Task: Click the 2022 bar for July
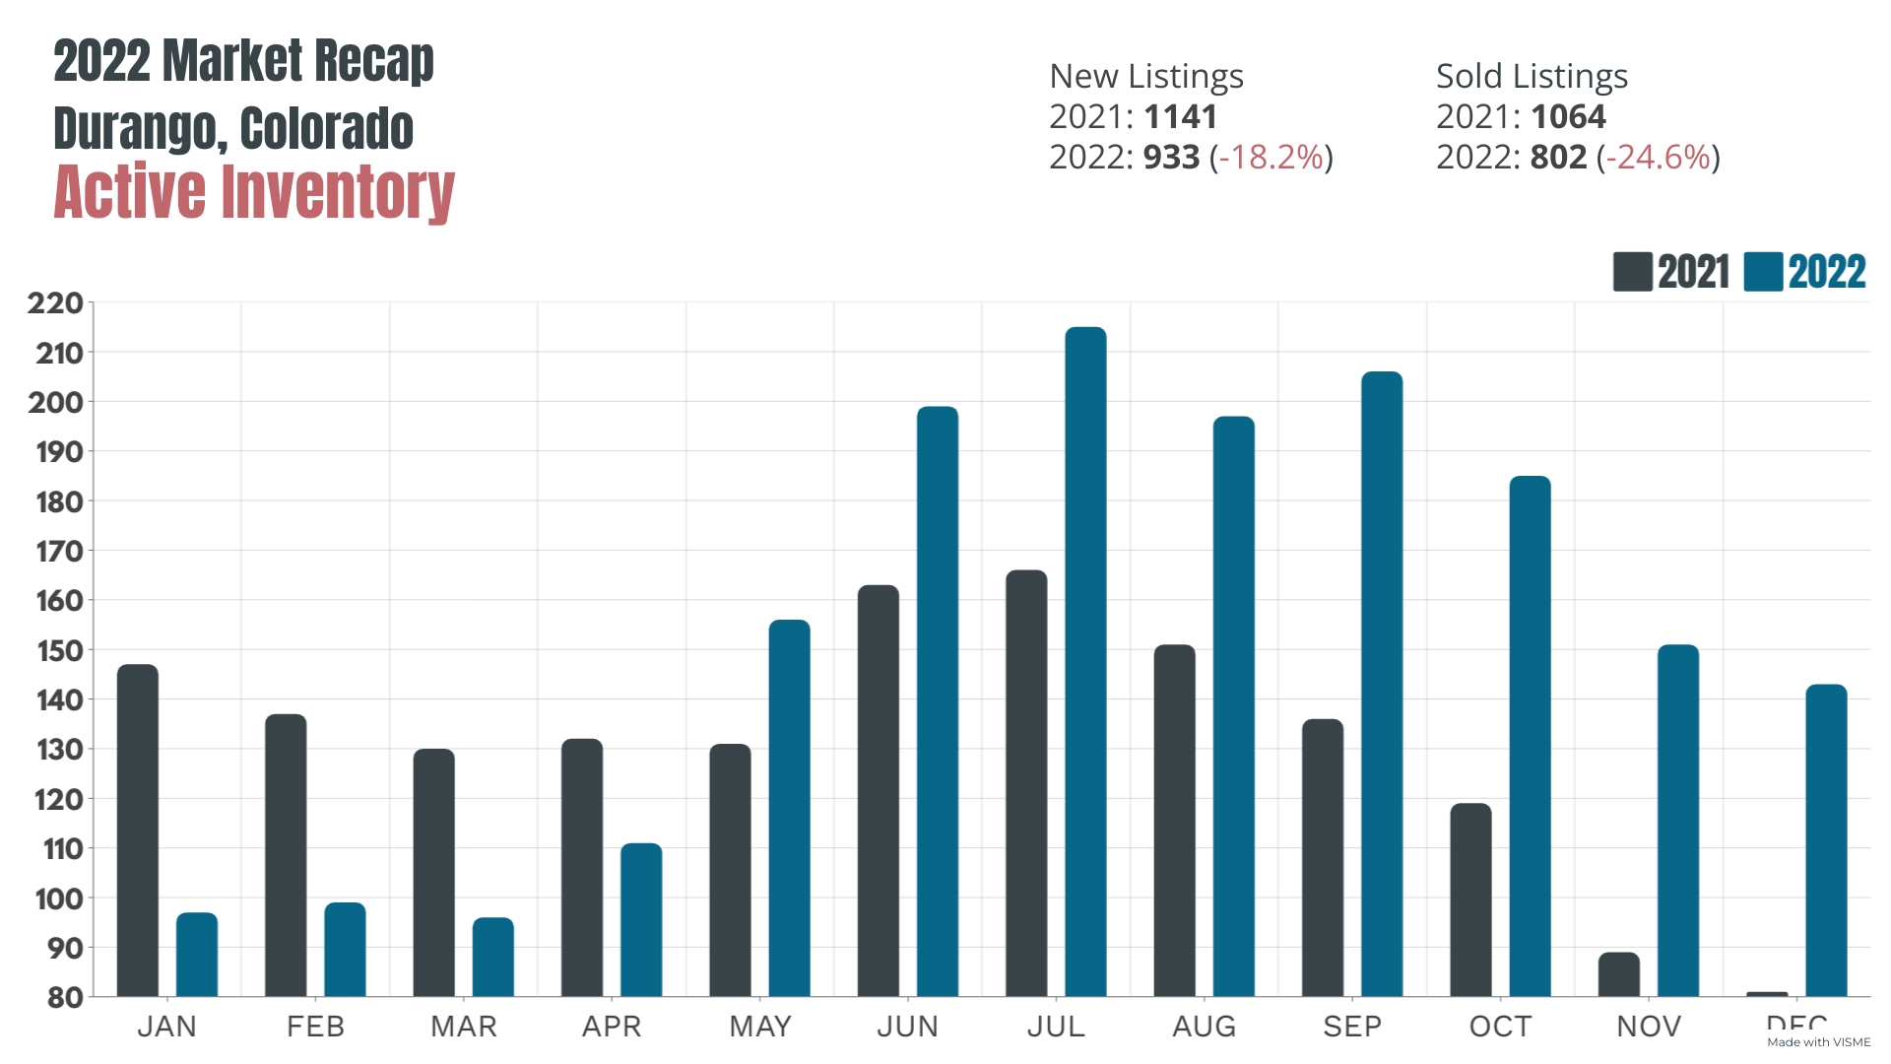click(x=1085, y=662)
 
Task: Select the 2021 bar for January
click(x=138, y=831)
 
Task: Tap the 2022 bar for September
click(x=1382, y=684)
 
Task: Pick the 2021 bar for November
click(x=1619, y=974)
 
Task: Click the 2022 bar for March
click(x=493, y=957)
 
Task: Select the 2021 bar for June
click(x=879, y=791)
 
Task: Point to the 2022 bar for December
click(x=1826, y=840)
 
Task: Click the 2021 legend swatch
click(x=1632, y=272)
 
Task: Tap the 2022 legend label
click(x=1827, y=272)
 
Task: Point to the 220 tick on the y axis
click(x=55, y=303)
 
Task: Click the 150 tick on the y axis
click(x=59, y=650)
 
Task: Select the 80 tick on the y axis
click(x=65, y=997)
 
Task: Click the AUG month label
click(x=1204, y=1027)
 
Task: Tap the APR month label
click(x=612, y=1027)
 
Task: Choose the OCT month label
click(x=1500, y=1027)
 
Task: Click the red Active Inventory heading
click(x=254, y=192)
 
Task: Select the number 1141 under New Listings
click(x=1181, y=117)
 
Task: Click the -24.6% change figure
click(x=1658, y=158)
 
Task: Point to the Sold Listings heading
click(x=1532, y=77)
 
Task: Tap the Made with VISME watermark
click(x=1818, y=1042)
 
